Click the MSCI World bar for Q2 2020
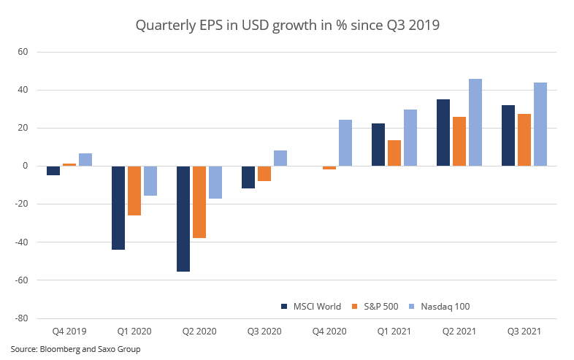tap(183, 219)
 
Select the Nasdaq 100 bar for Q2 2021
tap(475, 123)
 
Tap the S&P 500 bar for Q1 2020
tap(134, 191)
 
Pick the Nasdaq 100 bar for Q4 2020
tap(345, 143)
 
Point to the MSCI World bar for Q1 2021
tap(378, 145)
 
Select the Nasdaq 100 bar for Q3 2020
tap(280, 158)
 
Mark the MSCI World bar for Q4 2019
tap(53, 171)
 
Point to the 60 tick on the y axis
tap(23, 52)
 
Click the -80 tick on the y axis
tap(20, 318)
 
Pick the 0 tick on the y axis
tap(25, 166)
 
